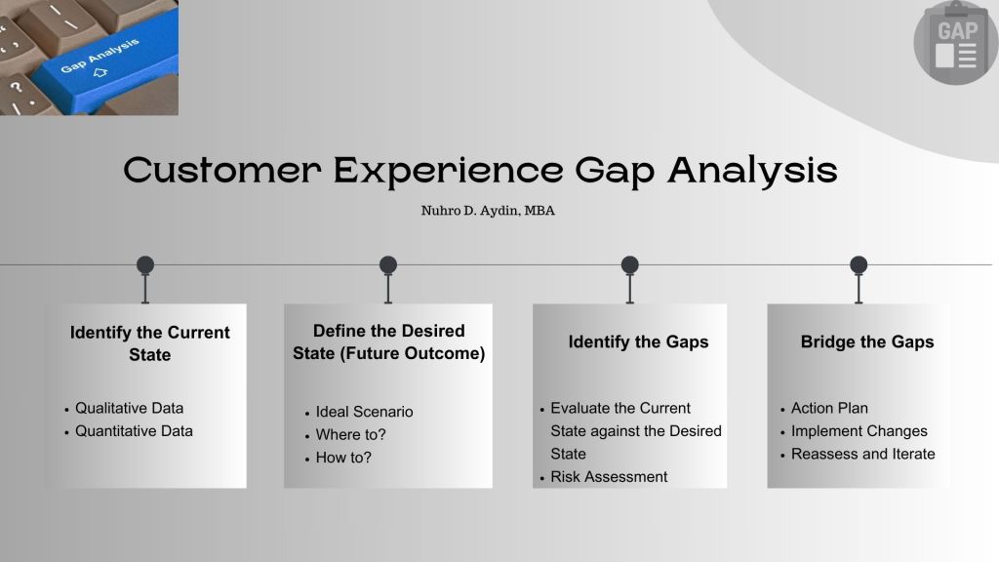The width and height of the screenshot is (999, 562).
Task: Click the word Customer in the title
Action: coord(222,170)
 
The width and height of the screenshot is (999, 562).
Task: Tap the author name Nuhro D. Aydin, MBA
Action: coord(488,211)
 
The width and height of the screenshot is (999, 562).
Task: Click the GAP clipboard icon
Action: coord(955,43)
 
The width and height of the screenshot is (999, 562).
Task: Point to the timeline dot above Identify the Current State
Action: coord(145,264)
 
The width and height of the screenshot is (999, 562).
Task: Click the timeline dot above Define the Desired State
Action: coord(388,264)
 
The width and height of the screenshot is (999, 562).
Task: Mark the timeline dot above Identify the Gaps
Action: coord(629,264)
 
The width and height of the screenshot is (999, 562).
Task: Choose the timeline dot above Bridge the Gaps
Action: coord(859,264)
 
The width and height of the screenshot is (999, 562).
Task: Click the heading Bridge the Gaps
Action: coord(867,342)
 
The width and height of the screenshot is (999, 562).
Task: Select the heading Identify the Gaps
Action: coord(638,342)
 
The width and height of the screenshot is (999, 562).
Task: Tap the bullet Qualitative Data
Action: coord(130,409)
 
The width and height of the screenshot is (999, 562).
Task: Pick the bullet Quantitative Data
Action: coord(134,431)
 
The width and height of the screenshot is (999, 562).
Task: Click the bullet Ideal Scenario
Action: coord(365,412)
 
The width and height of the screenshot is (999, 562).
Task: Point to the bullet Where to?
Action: coord(350,434)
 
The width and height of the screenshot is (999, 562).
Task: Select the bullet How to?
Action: coord(343,458)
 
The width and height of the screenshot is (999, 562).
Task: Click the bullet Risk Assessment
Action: coord(609,476)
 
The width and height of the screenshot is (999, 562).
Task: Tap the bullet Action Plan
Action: coord(829,408)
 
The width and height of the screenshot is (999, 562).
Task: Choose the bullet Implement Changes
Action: coord(859,431)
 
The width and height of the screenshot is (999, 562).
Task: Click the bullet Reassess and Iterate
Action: coord(863,454)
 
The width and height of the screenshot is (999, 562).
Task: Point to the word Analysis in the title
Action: coord(752,171)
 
